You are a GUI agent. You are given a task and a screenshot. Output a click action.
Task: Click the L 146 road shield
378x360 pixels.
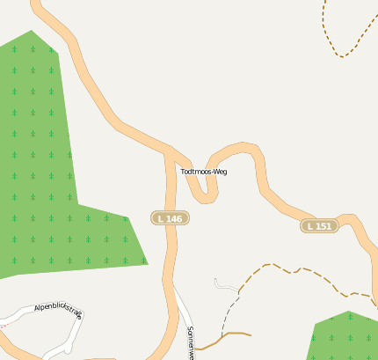coord(171,217)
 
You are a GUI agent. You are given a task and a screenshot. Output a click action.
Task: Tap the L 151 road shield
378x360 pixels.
coord(320,226)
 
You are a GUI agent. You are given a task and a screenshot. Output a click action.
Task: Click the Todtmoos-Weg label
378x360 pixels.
coord(204,172)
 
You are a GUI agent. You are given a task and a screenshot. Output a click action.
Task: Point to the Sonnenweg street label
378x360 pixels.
coord(190,343)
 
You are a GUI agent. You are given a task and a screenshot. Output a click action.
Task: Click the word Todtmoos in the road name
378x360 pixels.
coord(196,172)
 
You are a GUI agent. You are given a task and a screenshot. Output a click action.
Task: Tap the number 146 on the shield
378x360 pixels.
coord(174,217)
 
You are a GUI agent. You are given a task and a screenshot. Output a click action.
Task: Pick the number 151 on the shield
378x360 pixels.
coord(323,226)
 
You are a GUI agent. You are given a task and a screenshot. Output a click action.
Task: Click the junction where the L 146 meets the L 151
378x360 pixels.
coord(170,153)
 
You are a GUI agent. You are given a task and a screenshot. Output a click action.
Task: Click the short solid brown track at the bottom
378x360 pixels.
coord(230,334)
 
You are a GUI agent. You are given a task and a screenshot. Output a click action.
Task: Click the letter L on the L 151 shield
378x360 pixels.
coord(312,226)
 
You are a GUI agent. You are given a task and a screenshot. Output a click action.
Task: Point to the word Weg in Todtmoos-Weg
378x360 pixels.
coord(219,172)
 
